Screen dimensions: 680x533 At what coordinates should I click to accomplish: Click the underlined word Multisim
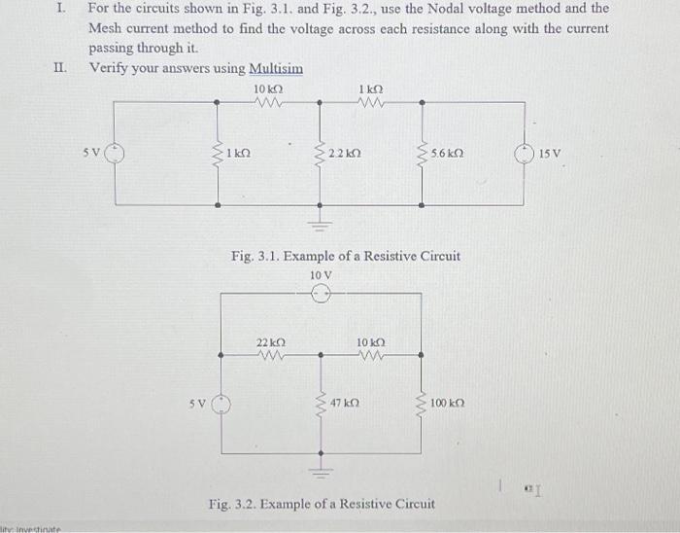[276, 69]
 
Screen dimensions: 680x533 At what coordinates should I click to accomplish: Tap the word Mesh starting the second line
[106, 28]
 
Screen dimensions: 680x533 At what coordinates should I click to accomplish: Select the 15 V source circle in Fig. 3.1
[525, 152]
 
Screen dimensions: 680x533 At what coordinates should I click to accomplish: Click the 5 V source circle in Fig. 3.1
[114, 152]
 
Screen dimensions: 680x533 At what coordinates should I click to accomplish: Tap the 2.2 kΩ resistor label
[344, 153]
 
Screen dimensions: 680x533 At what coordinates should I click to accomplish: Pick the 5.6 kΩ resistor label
[446, 153]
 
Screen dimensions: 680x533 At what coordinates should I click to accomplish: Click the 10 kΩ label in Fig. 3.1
[266, 89]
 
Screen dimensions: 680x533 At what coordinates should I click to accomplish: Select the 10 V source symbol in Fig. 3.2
[322, 298]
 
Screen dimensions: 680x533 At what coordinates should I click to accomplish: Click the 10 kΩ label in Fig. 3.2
[371, 343]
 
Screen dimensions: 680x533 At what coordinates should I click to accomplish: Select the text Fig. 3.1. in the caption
[256, 257]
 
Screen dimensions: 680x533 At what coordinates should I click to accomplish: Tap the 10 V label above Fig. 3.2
[322, 275]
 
